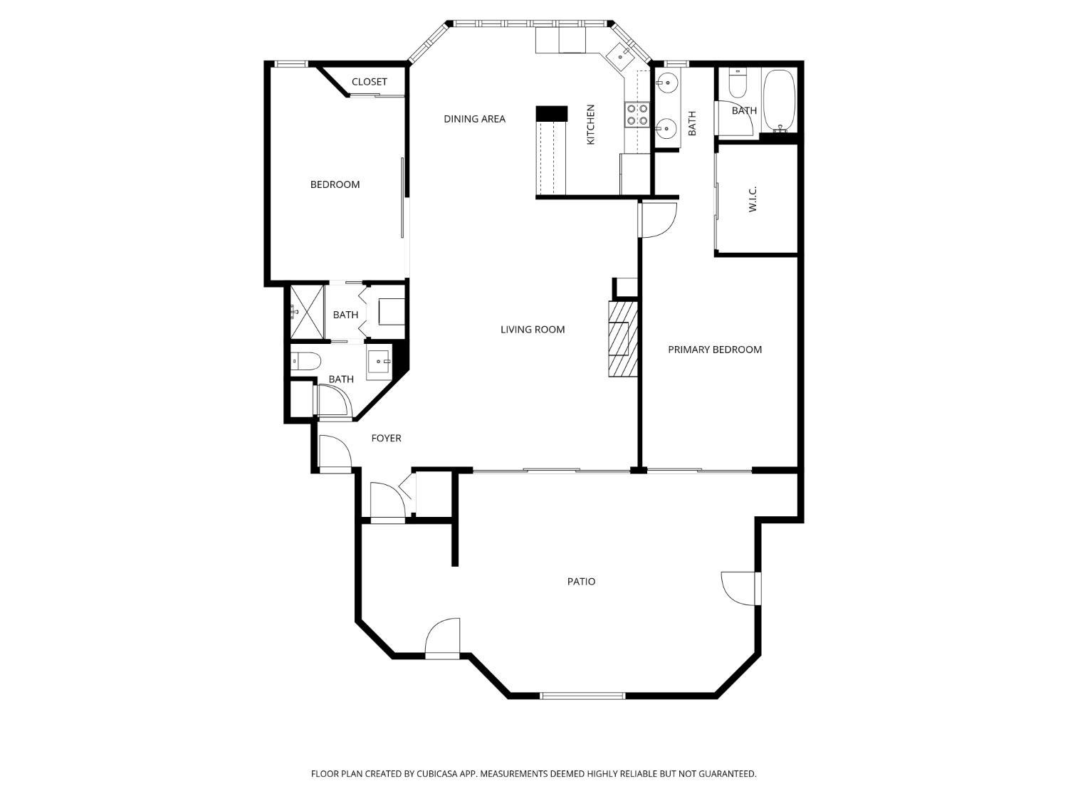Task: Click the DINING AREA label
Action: click(x=474, y=119)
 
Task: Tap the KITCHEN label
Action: click(x=590, y=125)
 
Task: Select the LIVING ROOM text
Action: click(x=533, y=329)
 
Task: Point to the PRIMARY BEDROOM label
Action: click(x=715, y=349)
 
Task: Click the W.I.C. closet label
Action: click(x=753, y=199)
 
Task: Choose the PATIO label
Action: click(x=581, y=581)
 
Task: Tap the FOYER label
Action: click(x=387, y=438)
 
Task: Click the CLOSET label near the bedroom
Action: click(x=370, y=82)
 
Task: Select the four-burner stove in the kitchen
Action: click(x=637, y=115)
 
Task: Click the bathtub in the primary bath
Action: click(x=780, y=100)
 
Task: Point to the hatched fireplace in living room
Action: click(x=622, y=339)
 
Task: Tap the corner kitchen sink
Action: click(x=618, y=54)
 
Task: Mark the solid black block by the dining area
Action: click(x=551, y=113)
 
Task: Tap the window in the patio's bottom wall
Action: click(x=582, y=696)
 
